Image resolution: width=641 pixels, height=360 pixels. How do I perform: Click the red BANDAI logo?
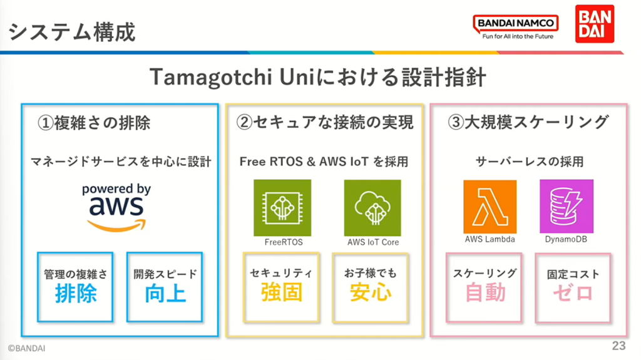(595, 24)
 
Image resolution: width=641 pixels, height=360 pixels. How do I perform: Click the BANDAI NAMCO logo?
(516, 26)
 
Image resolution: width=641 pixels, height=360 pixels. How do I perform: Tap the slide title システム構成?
(72, 32)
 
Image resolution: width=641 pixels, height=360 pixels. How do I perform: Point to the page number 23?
(618, 346)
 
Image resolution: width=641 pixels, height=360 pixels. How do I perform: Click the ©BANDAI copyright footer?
(26, 348)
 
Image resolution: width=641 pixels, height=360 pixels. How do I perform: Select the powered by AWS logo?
(116, 207)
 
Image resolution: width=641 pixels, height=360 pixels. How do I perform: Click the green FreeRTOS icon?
(282, 208)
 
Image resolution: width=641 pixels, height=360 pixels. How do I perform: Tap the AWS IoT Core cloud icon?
(372, 208)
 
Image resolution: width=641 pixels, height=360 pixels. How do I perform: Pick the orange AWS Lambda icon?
(490, 207)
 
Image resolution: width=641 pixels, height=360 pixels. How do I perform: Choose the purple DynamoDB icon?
(567, 207)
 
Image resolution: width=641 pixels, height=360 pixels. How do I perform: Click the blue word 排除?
(76, 293)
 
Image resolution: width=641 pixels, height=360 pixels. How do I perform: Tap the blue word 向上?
(165, 293)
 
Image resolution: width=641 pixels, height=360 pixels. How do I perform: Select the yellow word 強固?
(282, 292)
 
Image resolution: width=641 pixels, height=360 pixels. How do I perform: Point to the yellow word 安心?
(371, 292)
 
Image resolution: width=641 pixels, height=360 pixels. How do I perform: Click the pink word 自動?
(485, 293)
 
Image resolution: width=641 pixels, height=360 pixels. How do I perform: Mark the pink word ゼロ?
(573, 293)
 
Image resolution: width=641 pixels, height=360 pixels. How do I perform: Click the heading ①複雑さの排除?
(94, 123)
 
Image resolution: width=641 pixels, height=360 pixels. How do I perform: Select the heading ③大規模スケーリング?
(528, 122)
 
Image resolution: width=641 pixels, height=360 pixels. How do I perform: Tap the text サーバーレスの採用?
(530, 162)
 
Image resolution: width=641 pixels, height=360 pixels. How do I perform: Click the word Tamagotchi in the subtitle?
(211, 77)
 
